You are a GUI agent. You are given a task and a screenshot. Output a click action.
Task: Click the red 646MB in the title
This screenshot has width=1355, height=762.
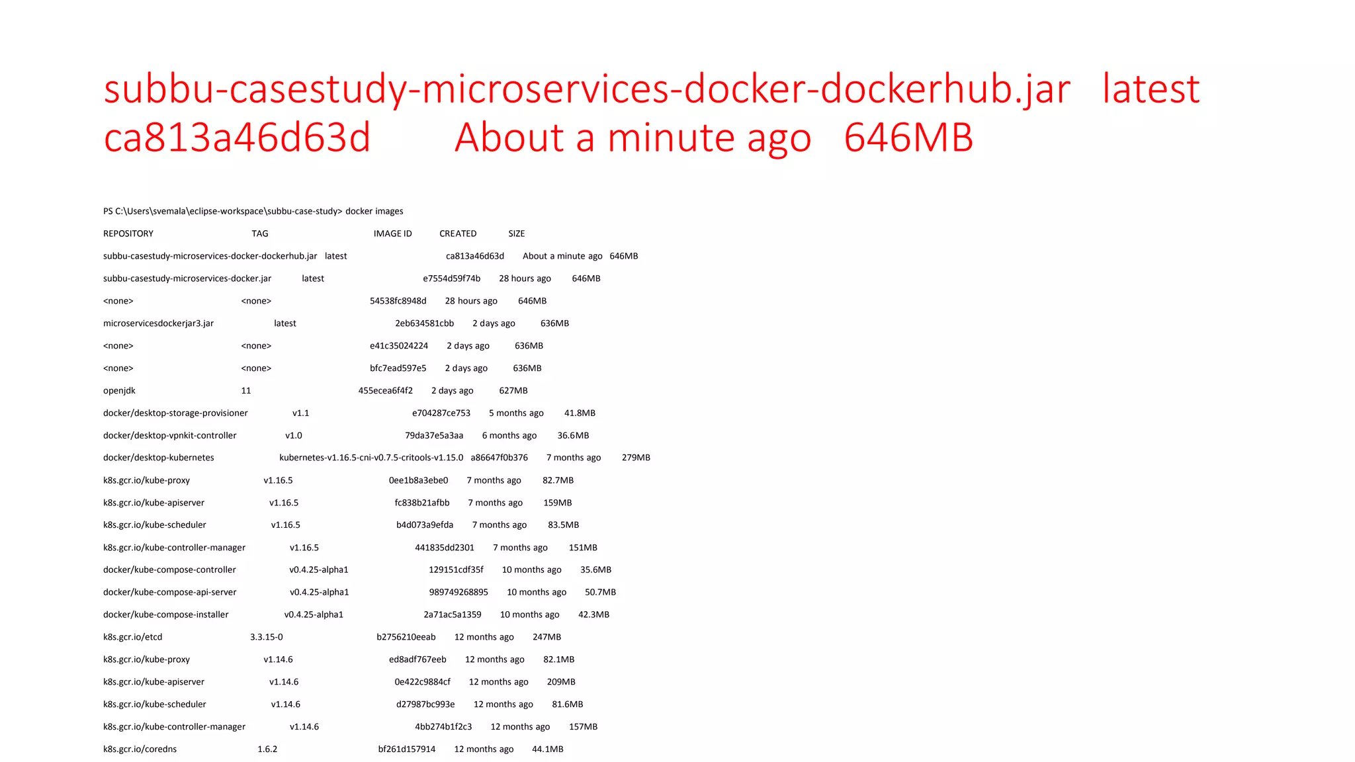(x=908, y=138)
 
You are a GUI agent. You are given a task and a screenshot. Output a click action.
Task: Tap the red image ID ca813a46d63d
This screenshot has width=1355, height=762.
(x=237, y=138)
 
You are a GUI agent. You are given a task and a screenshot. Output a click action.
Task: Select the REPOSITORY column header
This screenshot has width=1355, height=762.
(x=128, y=233)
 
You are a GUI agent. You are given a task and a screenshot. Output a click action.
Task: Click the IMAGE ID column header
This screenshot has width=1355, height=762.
(x=392, y=233)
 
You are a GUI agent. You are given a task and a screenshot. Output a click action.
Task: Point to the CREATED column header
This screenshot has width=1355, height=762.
(x=458, y=233)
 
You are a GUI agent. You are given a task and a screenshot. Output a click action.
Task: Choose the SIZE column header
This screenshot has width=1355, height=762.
(x=516, y=233)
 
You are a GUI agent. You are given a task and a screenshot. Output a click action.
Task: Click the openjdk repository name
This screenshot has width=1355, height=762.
(x=119, y=391)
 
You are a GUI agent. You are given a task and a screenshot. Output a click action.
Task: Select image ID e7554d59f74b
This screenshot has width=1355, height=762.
(x=451, y=278)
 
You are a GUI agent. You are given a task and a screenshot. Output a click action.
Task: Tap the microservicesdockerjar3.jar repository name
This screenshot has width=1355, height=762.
(x=158, y=323)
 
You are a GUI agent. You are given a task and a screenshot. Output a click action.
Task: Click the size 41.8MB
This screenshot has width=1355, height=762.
(x=580, y=413)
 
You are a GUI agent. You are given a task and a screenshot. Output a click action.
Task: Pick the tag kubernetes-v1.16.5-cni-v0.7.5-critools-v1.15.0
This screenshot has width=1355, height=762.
(x=371, y=458)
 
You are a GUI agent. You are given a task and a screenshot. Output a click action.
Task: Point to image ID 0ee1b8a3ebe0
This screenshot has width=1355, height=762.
(x=418, y=480)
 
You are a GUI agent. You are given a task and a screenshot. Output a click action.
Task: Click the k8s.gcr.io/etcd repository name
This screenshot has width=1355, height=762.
(x=132, y=637)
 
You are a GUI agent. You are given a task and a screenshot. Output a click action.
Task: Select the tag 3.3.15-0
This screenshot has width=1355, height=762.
(x=266, y=637)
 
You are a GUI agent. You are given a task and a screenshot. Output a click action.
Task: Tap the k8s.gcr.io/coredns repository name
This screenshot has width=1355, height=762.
(x=140, y=749)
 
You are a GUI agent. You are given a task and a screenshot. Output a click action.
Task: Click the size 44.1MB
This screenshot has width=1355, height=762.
(x=547, y=749)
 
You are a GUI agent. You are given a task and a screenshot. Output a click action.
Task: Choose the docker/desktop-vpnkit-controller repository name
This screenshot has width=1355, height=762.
(x=169, y=435)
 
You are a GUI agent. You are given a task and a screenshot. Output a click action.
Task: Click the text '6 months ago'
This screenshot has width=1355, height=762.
(x=509, y=435)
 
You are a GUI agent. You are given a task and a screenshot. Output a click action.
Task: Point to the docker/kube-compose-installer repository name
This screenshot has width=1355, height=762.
(x=165, y=614)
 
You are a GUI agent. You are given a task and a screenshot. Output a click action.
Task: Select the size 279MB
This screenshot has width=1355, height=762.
(x=636, y=458)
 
